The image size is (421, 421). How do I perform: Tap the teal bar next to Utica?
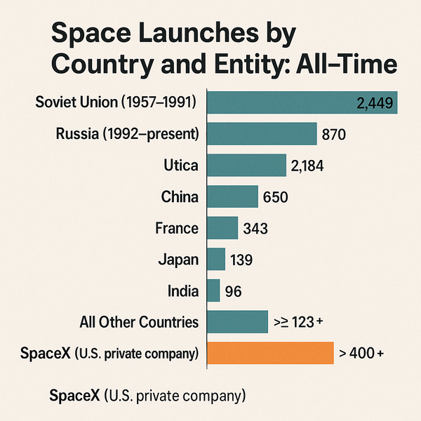pos(246,166)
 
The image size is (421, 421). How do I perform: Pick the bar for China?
pos(232,196)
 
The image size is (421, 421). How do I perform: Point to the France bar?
pos(222,228)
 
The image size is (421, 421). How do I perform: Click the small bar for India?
pos(213,290)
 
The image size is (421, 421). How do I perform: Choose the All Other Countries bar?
pos(237,322)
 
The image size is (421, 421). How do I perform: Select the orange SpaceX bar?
pos(269,353)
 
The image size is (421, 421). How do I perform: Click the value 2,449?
pos(376,103)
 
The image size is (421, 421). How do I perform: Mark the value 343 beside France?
pos(255,228)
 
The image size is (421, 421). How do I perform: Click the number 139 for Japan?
pos(241,260)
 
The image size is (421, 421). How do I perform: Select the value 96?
pos(234,290)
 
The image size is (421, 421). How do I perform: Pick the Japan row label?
pos(179,260)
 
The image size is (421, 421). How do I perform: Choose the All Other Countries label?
pos(140,322)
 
